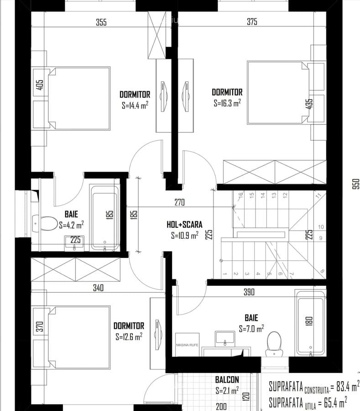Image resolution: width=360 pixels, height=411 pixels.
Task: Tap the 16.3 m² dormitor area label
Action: pyautogui.click(x=227, y=104)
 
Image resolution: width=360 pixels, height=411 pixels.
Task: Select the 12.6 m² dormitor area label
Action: pyautogui.click(x=129, y=337)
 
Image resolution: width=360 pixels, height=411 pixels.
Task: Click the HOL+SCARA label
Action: pyautogui.click(x=184, y=225)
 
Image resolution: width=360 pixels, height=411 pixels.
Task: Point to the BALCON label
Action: pyautogui.click(x=227, y=379)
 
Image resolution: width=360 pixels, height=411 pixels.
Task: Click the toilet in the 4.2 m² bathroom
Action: pyautogui.click(x=44, y=223)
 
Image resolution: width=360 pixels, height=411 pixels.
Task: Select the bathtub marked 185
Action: pyautogui.click(x=105, y=217)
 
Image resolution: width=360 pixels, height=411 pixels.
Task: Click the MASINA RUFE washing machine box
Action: pyautogui.click(x=186, y=345)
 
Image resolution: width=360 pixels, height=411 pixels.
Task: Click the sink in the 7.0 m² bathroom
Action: pyautogui.click(x=224, y=338)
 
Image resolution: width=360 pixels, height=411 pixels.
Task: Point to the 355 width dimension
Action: pyautogui.click(x=101, y=22)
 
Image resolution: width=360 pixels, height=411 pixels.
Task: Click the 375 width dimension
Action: pyautogui.click(x=252, y=22)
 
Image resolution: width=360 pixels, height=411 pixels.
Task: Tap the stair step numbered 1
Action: pyautogui.click(x=225, y=274)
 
